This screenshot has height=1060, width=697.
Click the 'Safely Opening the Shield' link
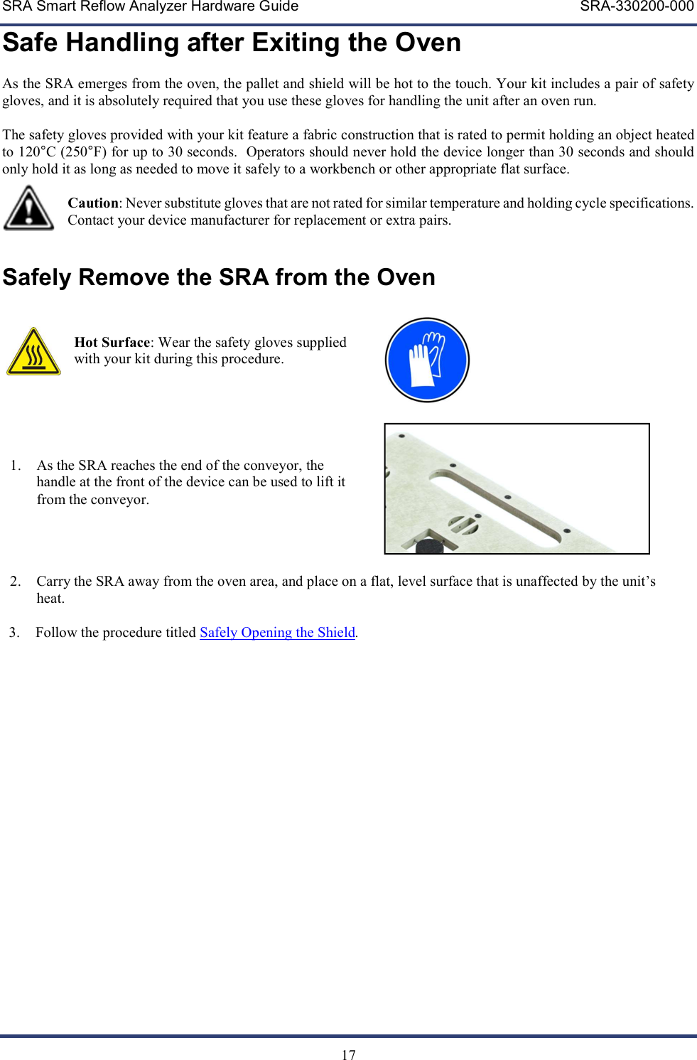click(x=277, y=632)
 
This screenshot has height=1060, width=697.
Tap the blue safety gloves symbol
click(x=427, y=360)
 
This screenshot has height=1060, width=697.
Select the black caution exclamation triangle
click(x=28, y=209)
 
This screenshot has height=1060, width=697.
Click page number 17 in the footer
click(x=348, y=1054)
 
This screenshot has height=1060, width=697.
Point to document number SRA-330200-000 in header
click(x=637, y=7)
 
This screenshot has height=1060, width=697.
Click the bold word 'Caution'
click(x=93, y=203)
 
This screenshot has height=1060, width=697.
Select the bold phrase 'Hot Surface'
click(x=112, y=342)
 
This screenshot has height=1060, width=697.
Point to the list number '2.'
click(x=16, y=582)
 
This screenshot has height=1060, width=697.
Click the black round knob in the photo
click(x=429, y=546)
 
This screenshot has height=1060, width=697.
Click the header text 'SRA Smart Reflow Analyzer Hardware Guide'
click(x=150, y=7)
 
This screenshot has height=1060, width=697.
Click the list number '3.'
click(x=14, y=632)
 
